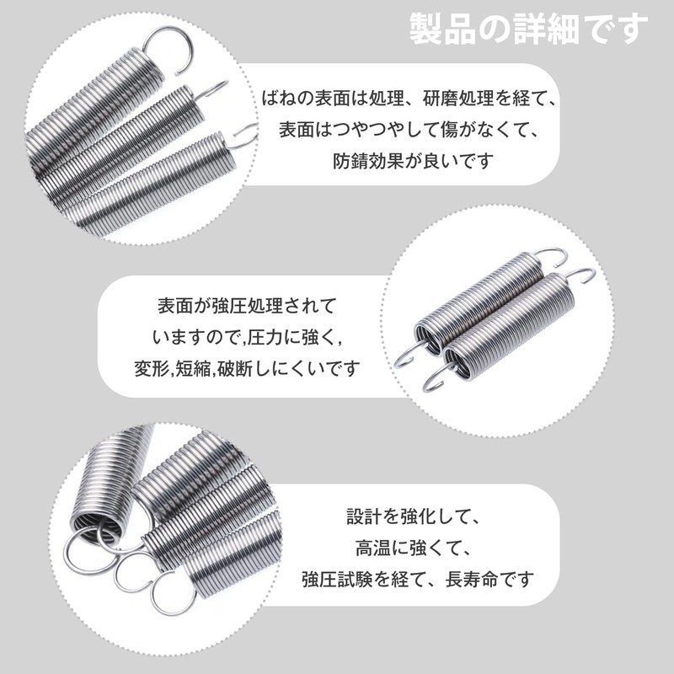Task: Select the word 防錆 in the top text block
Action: point(351,159)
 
